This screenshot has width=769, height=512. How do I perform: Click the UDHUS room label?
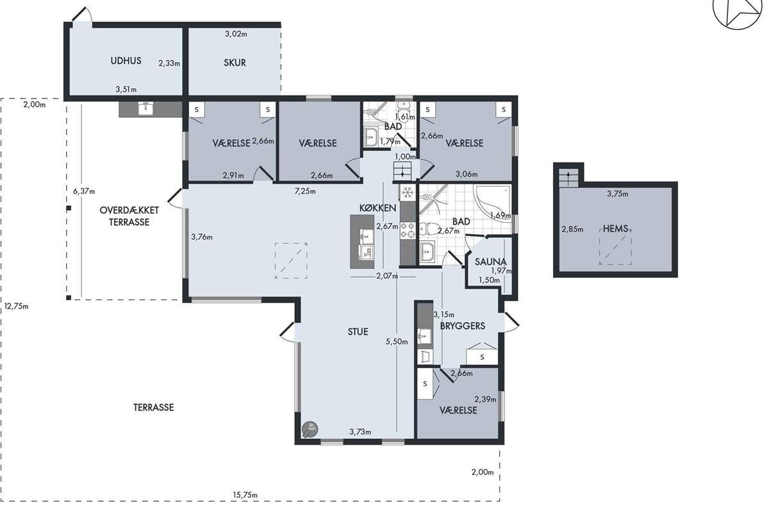coord(126,61)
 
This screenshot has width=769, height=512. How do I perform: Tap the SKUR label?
coord(235,63)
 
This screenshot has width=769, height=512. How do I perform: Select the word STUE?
coord(358,332)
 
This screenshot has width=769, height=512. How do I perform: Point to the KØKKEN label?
coord(377,208)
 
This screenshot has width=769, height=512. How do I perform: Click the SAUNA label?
coord(491,262)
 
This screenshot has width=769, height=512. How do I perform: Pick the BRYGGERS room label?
coord(463,326)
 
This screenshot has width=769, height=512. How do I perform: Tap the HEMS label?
coord(616,228)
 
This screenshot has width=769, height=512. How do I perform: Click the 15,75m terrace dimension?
coord(245,495)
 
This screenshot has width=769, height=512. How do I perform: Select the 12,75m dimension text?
coord(16,306)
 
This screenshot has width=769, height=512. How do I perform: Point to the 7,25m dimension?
coord(305,191)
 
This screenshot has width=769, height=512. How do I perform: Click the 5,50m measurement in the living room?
coord(397,342)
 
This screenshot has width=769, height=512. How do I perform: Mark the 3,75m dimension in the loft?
coord(618,194)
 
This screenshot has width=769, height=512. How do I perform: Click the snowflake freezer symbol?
coord(408,193)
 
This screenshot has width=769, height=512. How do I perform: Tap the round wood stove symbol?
coord(310,429)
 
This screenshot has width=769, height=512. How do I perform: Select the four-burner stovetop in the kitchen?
coord(408,230)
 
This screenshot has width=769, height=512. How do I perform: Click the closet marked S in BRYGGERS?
coord(482,357)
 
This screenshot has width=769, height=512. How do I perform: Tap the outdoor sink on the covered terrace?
coord(146,108)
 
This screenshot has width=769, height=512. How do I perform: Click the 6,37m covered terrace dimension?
coord(84,191)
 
